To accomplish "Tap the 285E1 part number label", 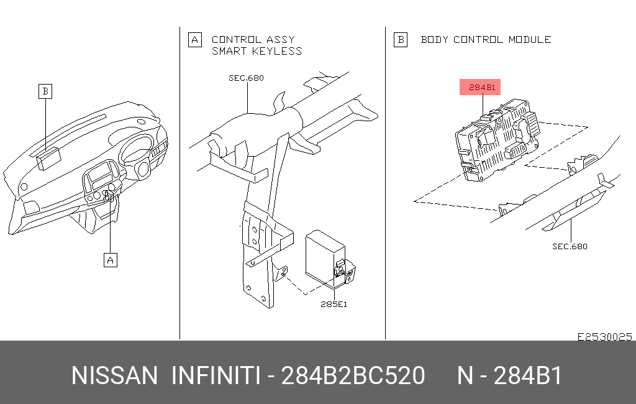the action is [334, 304].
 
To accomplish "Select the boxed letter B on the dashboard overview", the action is [45, 91].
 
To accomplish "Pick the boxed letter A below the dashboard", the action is [111, 260].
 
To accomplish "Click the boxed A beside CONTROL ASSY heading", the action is [194, 40].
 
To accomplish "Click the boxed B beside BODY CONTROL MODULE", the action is [401, 40].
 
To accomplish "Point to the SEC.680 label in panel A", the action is [246, 78].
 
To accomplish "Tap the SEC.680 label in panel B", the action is [570, 246].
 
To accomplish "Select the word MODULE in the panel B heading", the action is [530, 39].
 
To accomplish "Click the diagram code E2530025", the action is [605, 337].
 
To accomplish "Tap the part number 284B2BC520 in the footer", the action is [353, 375].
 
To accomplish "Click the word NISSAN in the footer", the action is [114, 375].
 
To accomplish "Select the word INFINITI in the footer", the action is [216, 375].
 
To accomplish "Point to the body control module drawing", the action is [497, 139].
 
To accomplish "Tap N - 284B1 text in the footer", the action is [509, 375].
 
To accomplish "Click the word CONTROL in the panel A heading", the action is [237, 39].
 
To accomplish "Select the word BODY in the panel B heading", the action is [434, 39].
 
